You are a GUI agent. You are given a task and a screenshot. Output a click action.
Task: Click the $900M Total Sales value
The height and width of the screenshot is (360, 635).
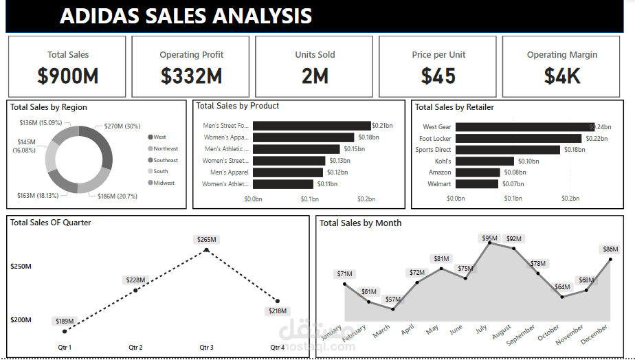coord(67,76)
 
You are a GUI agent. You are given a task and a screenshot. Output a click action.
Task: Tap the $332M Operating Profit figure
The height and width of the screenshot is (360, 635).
coord(191,76)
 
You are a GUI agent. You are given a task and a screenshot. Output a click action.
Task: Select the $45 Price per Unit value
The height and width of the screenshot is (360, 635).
coord(438,76)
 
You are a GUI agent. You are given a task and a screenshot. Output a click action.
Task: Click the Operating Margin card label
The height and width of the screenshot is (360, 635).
coord(562,55)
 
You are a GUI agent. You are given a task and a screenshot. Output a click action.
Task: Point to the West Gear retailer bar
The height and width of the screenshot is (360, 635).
coord(524,127)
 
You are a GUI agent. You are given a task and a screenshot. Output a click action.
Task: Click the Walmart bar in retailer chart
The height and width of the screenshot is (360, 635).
coord(476,184)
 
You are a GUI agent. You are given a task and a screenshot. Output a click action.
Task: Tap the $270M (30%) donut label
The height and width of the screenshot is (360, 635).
coord(122,126)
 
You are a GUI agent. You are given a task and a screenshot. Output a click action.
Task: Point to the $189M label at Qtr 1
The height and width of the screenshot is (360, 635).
coord(65,321)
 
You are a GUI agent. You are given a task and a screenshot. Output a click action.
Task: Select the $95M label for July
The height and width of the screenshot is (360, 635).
coord(489,238)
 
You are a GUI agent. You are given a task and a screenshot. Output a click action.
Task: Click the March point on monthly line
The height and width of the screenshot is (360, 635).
coord(392,309)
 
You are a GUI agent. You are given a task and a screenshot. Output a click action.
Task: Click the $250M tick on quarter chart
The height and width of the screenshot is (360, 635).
coord(21,266)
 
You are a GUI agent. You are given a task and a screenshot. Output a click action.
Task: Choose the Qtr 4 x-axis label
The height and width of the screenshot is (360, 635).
coord(277,348)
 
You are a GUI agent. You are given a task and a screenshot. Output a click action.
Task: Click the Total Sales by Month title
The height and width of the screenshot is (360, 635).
coord(360,223)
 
